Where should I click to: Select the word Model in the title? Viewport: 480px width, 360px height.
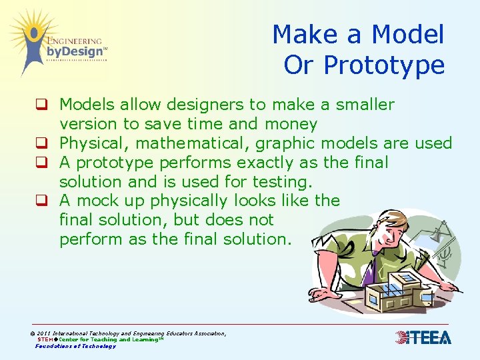tap(407, 35)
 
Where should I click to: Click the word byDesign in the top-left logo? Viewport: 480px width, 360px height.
tap(74, 51)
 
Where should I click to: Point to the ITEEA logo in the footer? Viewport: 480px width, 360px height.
tap(423, 337)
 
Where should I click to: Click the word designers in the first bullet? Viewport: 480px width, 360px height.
tap(200, 105)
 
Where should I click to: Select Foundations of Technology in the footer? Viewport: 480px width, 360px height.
tap(75, 346)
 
